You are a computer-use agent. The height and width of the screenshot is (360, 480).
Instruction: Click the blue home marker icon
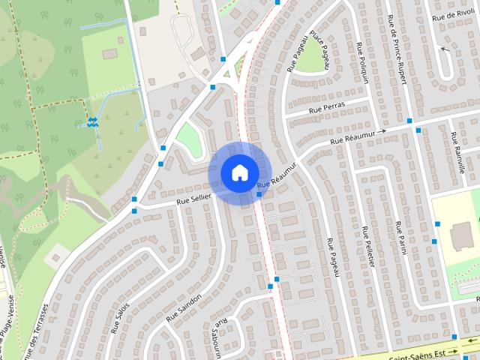click(238, 173)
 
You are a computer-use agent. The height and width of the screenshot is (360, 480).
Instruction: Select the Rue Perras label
click(326, 109)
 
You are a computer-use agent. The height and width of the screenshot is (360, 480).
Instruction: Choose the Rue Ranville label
click(457, 154)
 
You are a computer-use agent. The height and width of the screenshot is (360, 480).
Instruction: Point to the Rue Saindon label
click(184, 308)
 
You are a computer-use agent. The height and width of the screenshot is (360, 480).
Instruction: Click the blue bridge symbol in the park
click(91, 121)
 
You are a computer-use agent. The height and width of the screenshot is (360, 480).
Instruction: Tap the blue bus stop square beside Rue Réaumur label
click(259, 195)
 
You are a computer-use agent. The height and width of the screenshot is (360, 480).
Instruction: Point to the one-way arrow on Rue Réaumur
click(382, 131)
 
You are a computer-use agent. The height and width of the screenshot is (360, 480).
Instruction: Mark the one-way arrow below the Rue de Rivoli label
click(444, 49)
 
